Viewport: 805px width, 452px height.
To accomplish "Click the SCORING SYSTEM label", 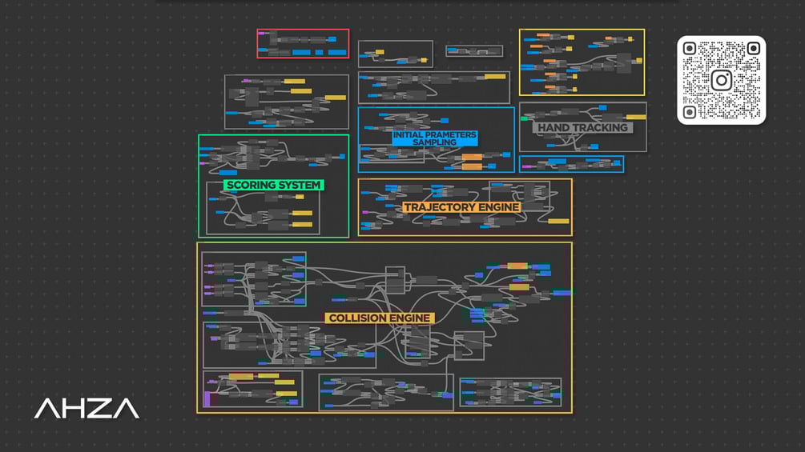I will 274,185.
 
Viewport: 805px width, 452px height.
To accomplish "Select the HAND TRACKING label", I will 582,127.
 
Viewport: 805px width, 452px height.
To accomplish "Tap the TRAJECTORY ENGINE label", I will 461,207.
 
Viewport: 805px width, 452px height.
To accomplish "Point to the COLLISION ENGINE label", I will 380,318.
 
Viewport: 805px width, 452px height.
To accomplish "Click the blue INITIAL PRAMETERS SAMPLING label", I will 434,138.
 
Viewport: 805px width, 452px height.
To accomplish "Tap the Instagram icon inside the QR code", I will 721,80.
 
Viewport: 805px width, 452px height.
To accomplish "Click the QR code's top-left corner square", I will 690,49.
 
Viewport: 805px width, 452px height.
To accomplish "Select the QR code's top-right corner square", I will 753,49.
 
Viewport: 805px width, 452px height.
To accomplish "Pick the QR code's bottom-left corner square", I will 690,112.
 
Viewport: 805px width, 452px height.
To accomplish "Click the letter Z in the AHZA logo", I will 99,409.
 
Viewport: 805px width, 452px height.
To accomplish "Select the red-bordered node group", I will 303,43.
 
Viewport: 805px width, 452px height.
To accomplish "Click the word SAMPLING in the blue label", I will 434,142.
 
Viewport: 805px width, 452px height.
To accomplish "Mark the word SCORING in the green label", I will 252,185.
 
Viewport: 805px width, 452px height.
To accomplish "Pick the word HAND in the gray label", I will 553,127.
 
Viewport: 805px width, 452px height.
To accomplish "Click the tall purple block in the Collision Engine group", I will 207,398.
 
